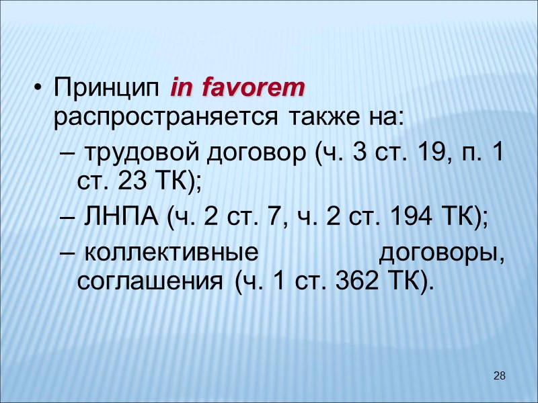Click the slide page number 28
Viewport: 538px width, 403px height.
(x=499, y=375)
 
